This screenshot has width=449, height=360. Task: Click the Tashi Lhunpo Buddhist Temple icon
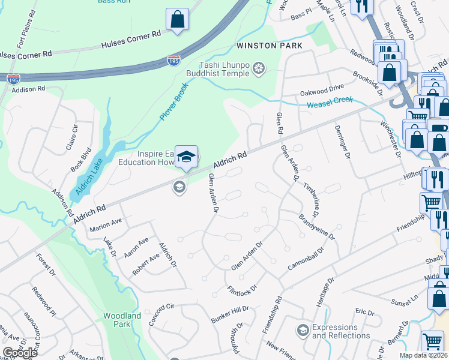(259, 69)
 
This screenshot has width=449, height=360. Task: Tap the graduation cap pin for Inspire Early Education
(187, 157)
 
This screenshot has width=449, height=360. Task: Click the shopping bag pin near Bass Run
(178, 19)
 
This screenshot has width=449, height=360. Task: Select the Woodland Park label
(122, 320)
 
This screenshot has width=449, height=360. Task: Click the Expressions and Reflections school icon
(303, 331)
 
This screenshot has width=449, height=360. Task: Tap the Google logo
(20, 353)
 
